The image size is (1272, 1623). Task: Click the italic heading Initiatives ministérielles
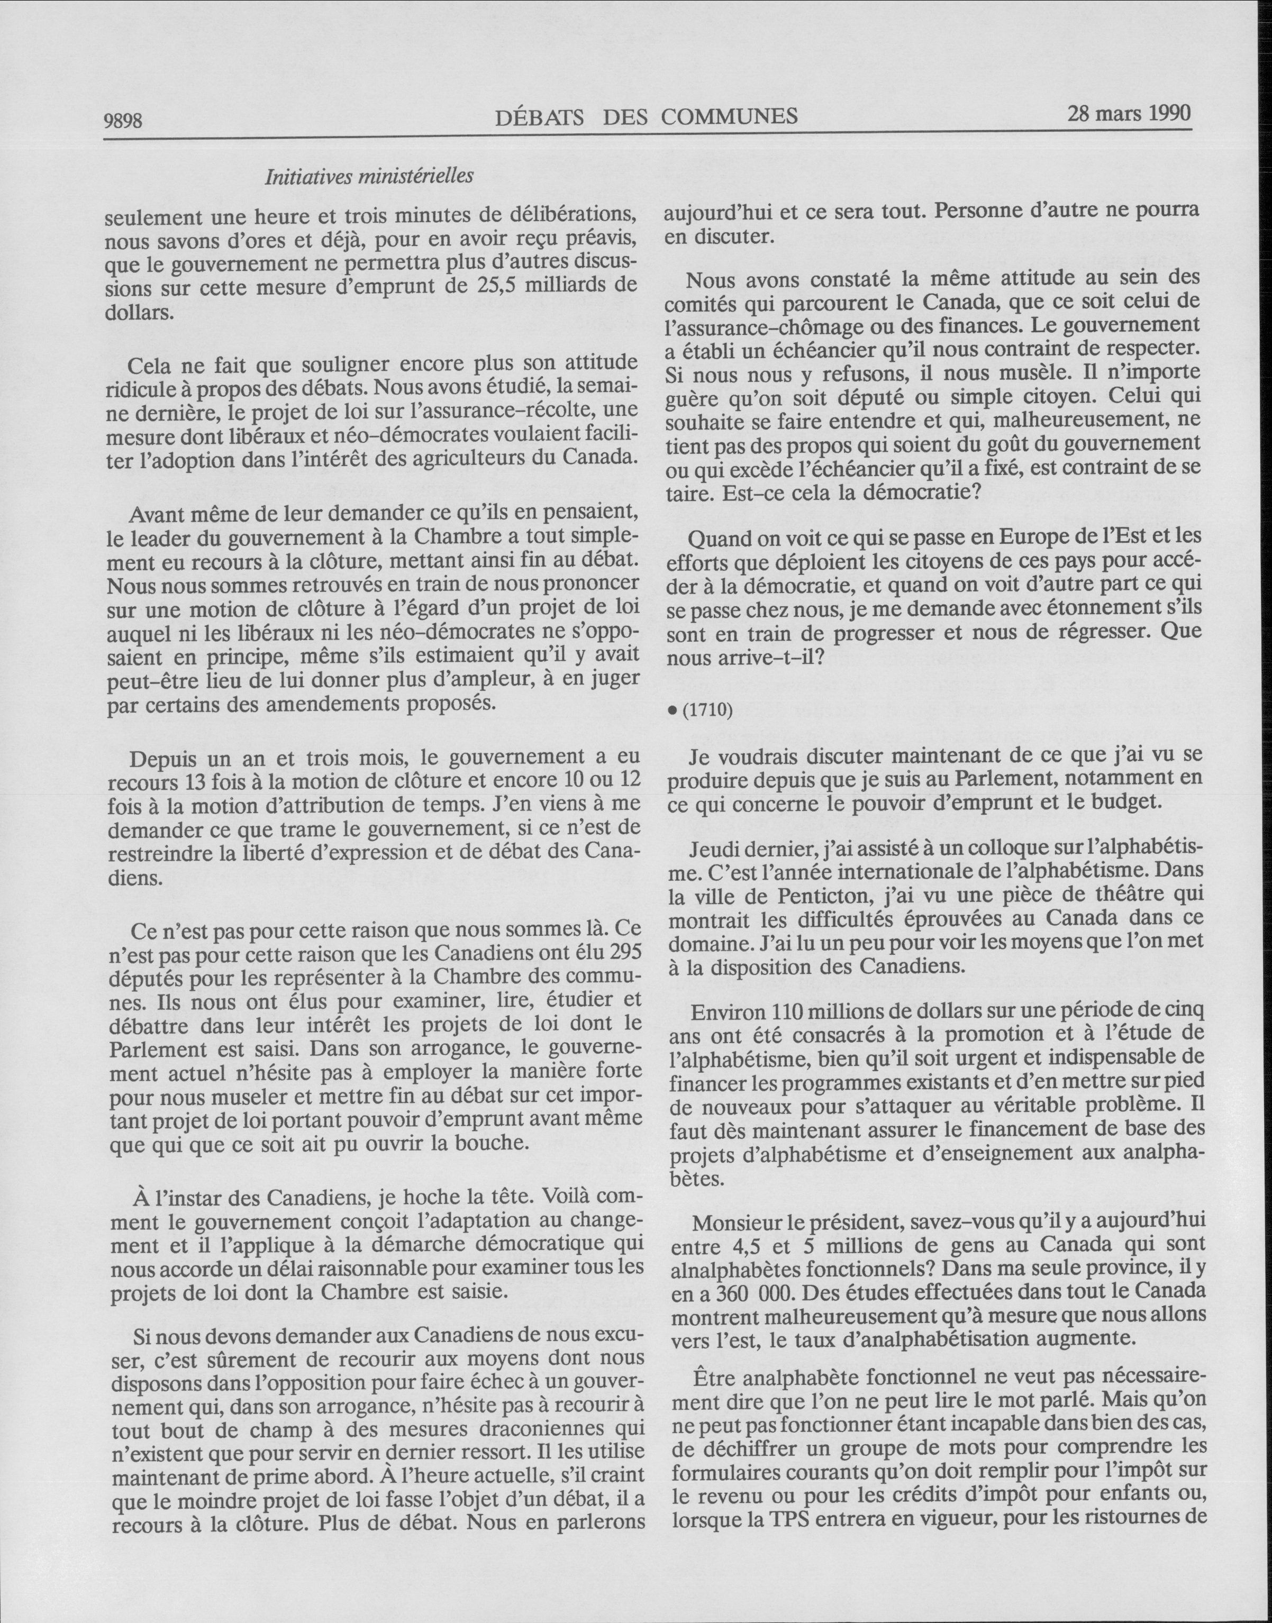point(369,177)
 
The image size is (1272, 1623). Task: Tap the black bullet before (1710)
point(672,711)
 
